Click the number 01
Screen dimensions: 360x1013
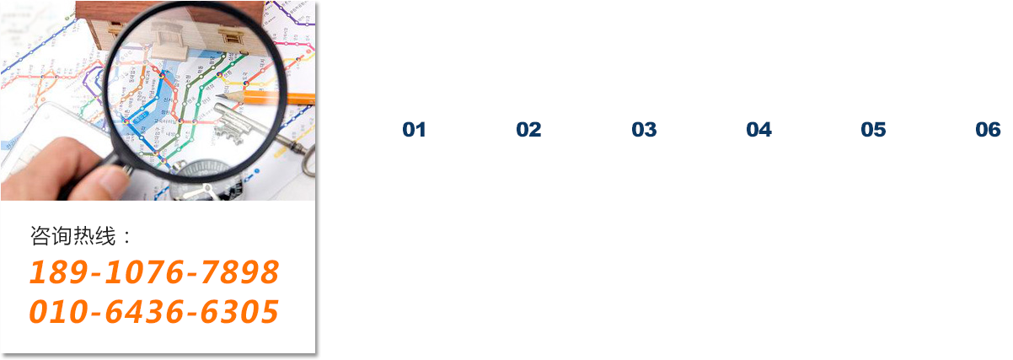414,130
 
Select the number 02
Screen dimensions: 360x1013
528,130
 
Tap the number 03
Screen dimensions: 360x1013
644,130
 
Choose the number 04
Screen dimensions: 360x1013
758,130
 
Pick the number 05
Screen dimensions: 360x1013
873,130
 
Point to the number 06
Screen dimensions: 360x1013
988,130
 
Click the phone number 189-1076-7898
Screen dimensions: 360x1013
154,272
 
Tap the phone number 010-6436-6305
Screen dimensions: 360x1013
154,312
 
